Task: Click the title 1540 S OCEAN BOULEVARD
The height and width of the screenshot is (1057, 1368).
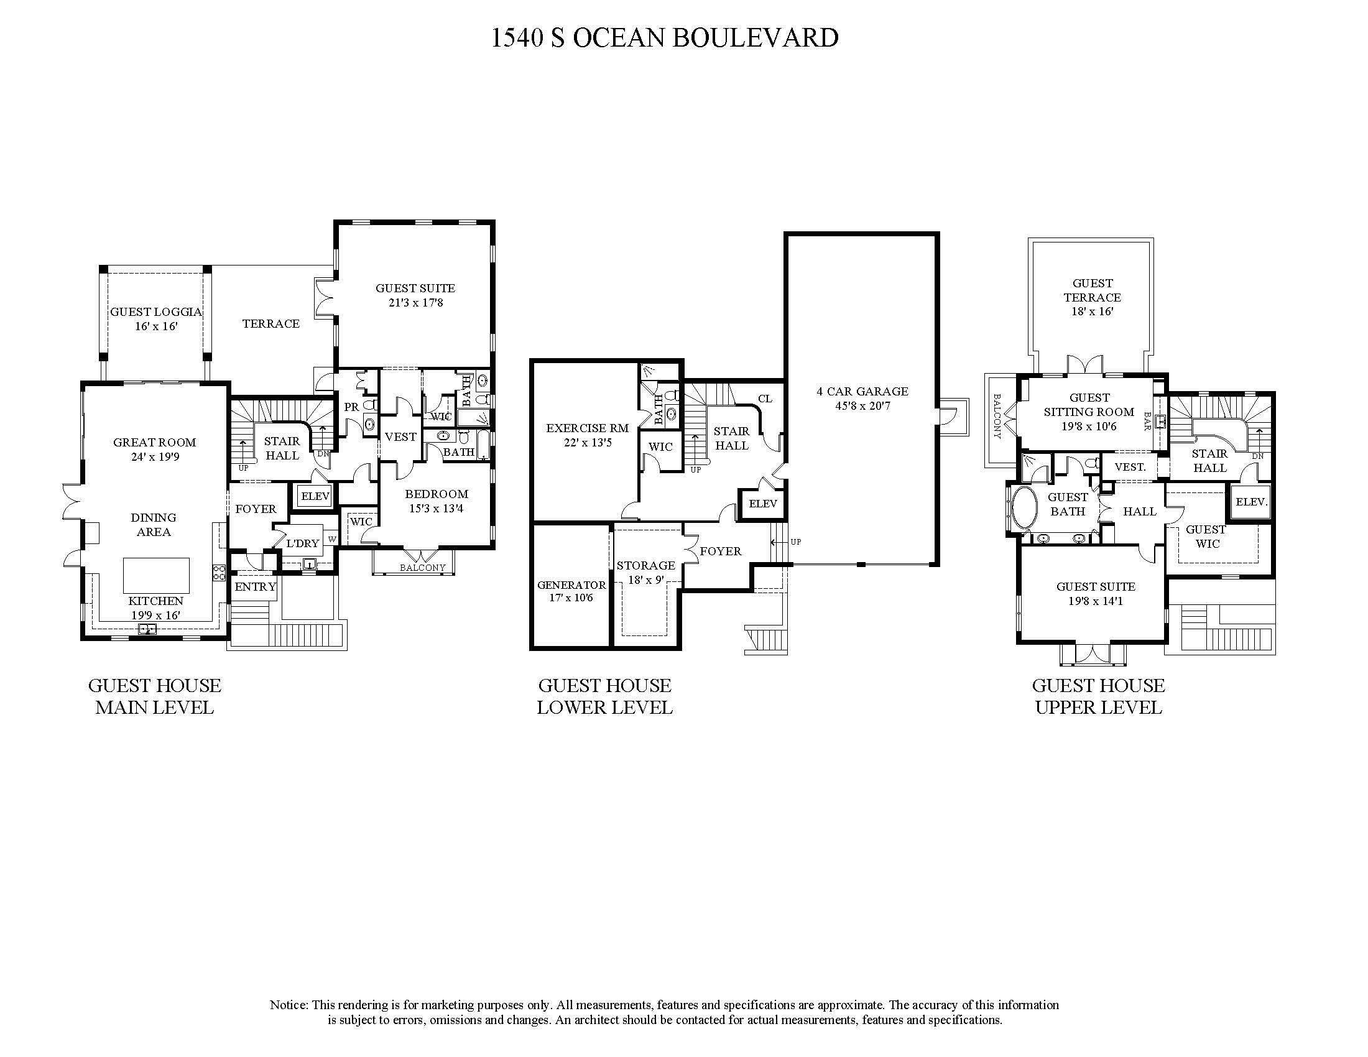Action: tap(664, 37)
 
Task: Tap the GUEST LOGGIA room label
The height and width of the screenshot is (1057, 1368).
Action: tap(156, 312)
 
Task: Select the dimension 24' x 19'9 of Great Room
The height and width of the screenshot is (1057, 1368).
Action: tap(155, 457)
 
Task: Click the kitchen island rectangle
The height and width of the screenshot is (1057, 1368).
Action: tap(156, 575)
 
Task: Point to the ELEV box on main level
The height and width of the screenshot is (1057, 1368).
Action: tap(315, 497)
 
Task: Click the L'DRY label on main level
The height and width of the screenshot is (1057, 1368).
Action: tap(303, 543)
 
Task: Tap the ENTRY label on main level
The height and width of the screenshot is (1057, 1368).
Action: tap(255, 587)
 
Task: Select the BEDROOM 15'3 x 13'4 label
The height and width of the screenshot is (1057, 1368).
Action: tap(436, 501)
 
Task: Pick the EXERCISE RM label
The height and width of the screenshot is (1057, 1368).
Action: tap(587, 428)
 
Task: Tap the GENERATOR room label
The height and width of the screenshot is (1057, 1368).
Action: tap(571, 585)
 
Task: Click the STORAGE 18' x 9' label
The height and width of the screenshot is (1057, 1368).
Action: tap(645, 572)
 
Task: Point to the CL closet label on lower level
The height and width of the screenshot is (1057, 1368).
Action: tap(765, 399)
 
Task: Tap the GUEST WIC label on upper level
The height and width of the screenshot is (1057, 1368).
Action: tap(1206, 537)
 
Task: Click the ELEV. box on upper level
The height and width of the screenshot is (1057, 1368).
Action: tap(1251, 502)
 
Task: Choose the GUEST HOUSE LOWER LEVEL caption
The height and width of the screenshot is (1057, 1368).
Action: tap(604, 696)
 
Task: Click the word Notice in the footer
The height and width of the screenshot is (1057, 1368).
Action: tap(288, 1005)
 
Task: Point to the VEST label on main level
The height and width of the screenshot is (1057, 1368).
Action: tap(400, 436)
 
